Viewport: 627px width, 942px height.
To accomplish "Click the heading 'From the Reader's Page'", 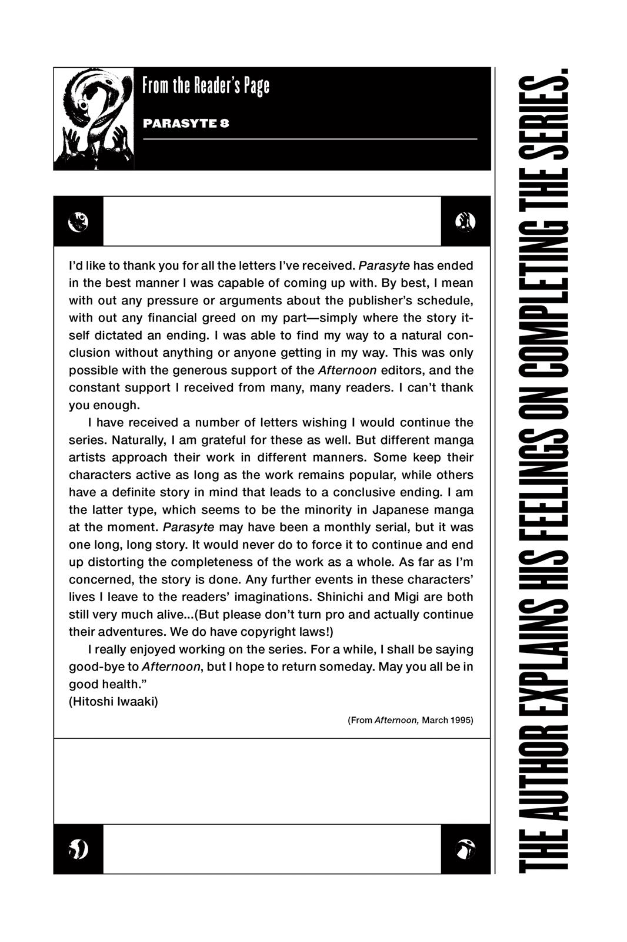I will (205, 86).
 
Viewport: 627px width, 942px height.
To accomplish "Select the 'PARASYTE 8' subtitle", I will (186, 124).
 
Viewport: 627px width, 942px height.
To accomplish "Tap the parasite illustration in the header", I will (94, 119).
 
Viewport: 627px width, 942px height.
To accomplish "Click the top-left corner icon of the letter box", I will (78, 221).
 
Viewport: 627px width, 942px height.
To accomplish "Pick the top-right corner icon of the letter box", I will (465, 221).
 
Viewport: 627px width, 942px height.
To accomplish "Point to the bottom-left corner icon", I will (78, 849).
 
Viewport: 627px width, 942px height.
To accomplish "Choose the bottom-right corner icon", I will (465, 849).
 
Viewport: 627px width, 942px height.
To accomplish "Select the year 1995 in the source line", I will (462, 720).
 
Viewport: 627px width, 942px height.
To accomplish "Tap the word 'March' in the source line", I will (435, 720).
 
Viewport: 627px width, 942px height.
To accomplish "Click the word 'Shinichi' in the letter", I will (341, 597).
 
